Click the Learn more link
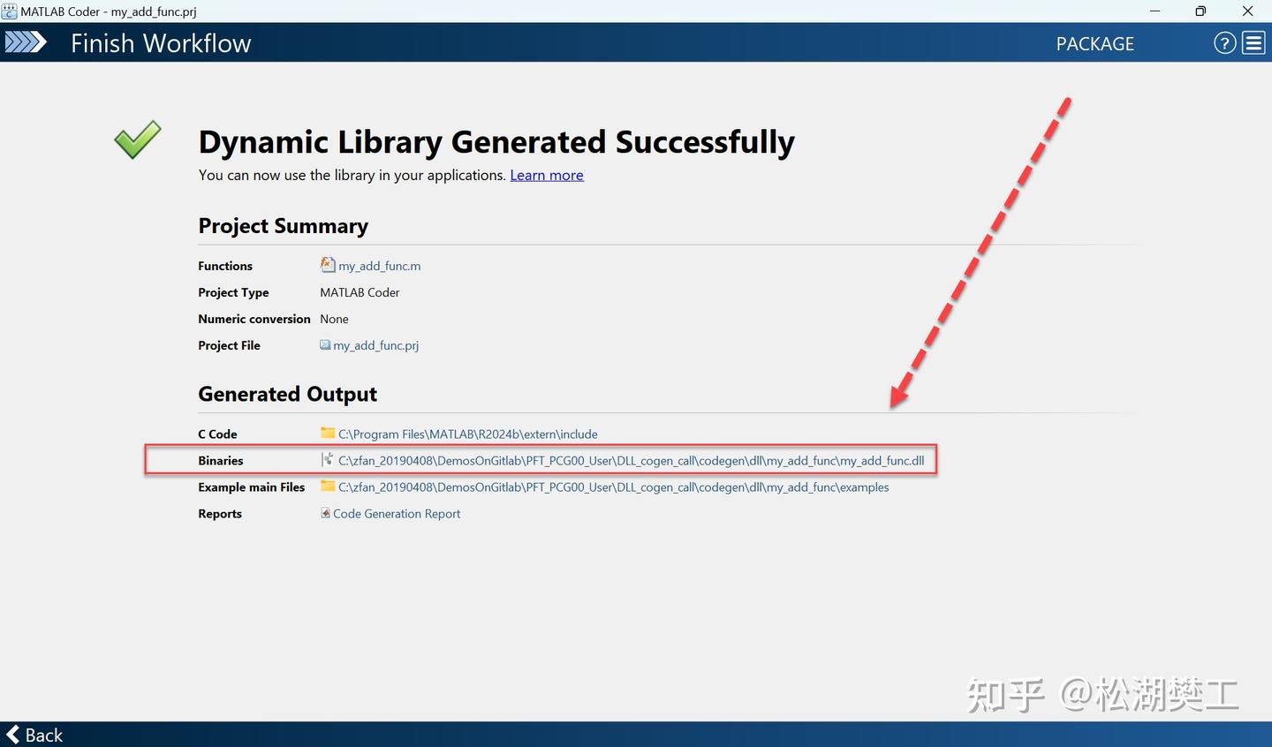click(x=546, y=176)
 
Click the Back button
click(x=34, y=735)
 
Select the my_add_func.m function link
click(x=379, y=266)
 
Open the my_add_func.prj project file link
click(x=375, y=345)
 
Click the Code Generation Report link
click(x=397, y=514)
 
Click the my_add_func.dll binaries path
click(x=631, y=460)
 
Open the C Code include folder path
click(x=468, y=434)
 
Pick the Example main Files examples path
click(x=613, y=487)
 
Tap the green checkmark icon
click(x=138, y=140)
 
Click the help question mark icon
click(x=1225, y=43)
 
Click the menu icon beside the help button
click(x=1253, y=43)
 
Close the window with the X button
click(x=1247, y=11)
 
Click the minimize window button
click(x=1155, y=11)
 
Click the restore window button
click(x=1200, y=11)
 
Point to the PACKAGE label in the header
click(x=1094, y=44)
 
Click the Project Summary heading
click(x=283, y=226)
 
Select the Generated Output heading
click(x=287, y=394)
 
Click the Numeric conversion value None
click(x=334, y=319)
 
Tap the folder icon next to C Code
click(x=327, y=433)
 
